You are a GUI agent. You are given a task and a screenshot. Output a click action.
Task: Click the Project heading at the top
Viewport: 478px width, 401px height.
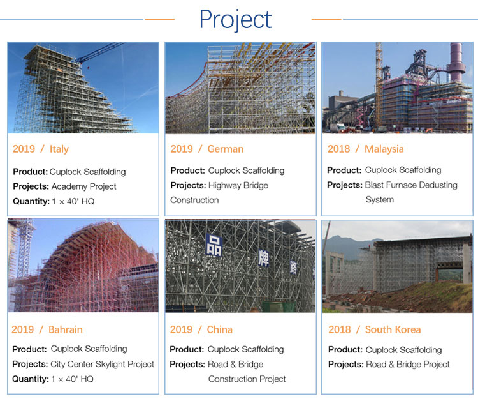(235, 20)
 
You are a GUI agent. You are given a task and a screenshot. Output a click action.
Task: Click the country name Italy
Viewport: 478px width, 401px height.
(59, 149)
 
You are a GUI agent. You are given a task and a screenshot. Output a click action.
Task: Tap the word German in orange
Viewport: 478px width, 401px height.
(226, 149)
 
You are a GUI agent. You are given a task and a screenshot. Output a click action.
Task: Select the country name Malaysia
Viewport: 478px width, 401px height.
(384, 149)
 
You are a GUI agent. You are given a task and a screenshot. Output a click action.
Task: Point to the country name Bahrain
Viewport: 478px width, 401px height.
(66, 330)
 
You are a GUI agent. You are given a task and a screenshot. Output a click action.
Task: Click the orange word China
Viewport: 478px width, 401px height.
(219, 330)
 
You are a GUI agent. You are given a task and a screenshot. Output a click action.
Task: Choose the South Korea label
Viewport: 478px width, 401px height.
(393, 330)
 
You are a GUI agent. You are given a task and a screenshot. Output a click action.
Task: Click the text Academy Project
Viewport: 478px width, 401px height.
(84, 186)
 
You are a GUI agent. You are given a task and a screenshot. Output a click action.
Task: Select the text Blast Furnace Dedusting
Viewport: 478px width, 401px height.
(411, 185)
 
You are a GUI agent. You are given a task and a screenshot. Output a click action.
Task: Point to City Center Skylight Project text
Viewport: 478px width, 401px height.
(103, 365)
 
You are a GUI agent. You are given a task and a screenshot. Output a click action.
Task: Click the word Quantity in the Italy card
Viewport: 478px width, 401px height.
(31, 202)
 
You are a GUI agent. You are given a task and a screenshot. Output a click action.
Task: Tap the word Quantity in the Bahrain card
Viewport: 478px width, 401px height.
(31, 379)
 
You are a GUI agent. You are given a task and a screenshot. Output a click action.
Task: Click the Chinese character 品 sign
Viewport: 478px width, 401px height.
(214, 245)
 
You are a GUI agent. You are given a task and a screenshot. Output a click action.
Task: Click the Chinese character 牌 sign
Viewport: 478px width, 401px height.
(264, 258)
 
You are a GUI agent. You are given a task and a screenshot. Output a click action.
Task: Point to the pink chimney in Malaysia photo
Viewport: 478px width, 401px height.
(456, 63)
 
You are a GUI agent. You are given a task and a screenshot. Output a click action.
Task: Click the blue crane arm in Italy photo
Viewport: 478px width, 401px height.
(99, 52)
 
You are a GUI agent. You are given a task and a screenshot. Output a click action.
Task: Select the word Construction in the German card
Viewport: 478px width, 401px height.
(194, 200)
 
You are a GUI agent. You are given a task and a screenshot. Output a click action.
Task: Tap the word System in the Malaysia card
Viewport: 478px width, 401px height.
(380, 200)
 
